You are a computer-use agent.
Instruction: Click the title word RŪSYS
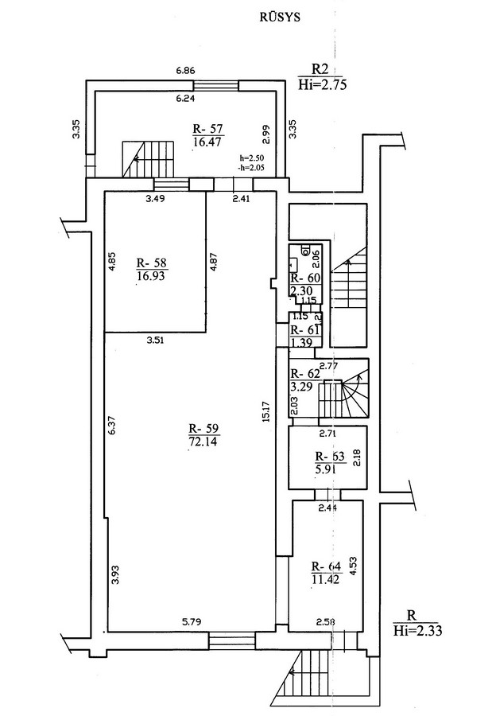pyautogui.click(x=280, y=18)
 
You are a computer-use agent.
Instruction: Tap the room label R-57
pyautogui.click(x=208, y=128)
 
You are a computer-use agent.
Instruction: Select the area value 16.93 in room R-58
pyautogui.click(x=151, y=277)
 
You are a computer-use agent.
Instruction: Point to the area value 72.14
pyautogui.click(x=203, y=442)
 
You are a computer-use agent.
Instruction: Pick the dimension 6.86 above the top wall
pyautogui.click(x=186, y=71)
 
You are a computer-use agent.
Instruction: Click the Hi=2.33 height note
pyautogui.click(x=417, y=631)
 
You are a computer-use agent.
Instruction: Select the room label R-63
pyautogui.click(x=330, y=457)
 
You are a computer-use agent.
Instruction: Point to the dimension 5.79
pyautogui.click(x=192, y=621)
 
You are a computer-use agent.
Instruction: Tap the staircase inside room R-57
pyautogui.click(x=149, y=159)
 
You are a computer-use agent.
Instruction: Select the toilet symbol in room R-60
pyautogui.click(x=305, y=251)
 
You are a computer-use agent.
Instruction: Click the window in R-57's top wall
pyautogui.click(x=215, y=85)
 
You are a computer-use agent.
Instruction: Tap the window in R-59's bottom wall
pyautogui.click(x=232, y=640)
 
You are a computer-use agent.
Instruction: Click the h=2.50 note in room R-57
pyautogui.click(x=250, y=158)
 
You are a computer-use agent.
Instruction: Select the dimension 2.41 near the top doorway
pyautogui.click(x=242, y=198)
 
